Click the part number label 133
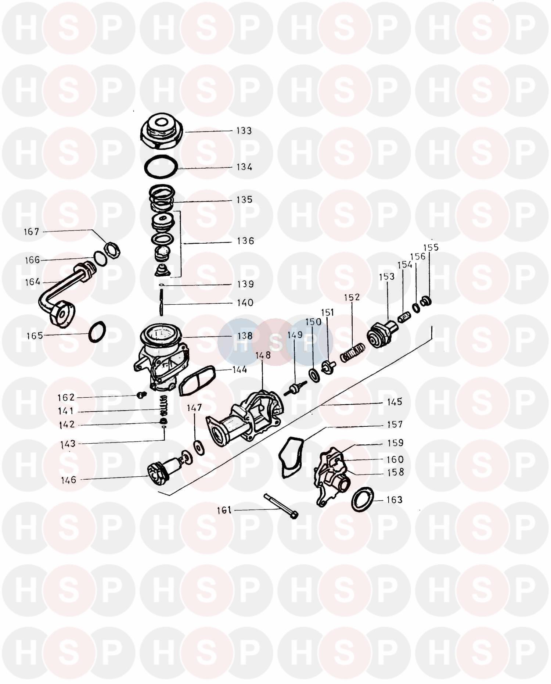click(244, 131)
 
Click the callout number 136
click(245, 241)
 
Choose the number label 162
click(66, 398)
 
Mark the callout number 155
click(431, 247)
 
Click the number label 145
click(395, 402)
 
